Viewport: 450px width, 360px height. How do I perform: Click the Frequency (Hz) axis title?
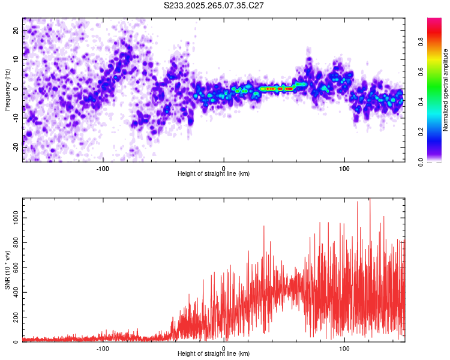7,89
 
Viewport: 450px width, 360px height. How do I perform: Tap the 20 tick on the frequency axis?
17,31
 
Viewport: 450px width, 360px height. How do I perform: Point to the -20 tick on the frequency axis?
16,146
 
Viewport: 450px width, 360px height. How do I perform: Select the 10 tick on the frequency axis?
17,59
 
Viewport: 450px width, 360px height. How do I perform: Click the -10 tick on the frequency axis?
16,118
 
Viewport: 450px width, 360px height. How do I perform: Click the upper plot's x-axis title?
214,173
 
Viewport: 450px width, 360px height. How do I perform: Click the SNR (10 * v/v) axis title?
7,270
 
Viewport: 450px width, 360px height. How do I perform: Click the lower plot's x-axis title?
214,353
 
